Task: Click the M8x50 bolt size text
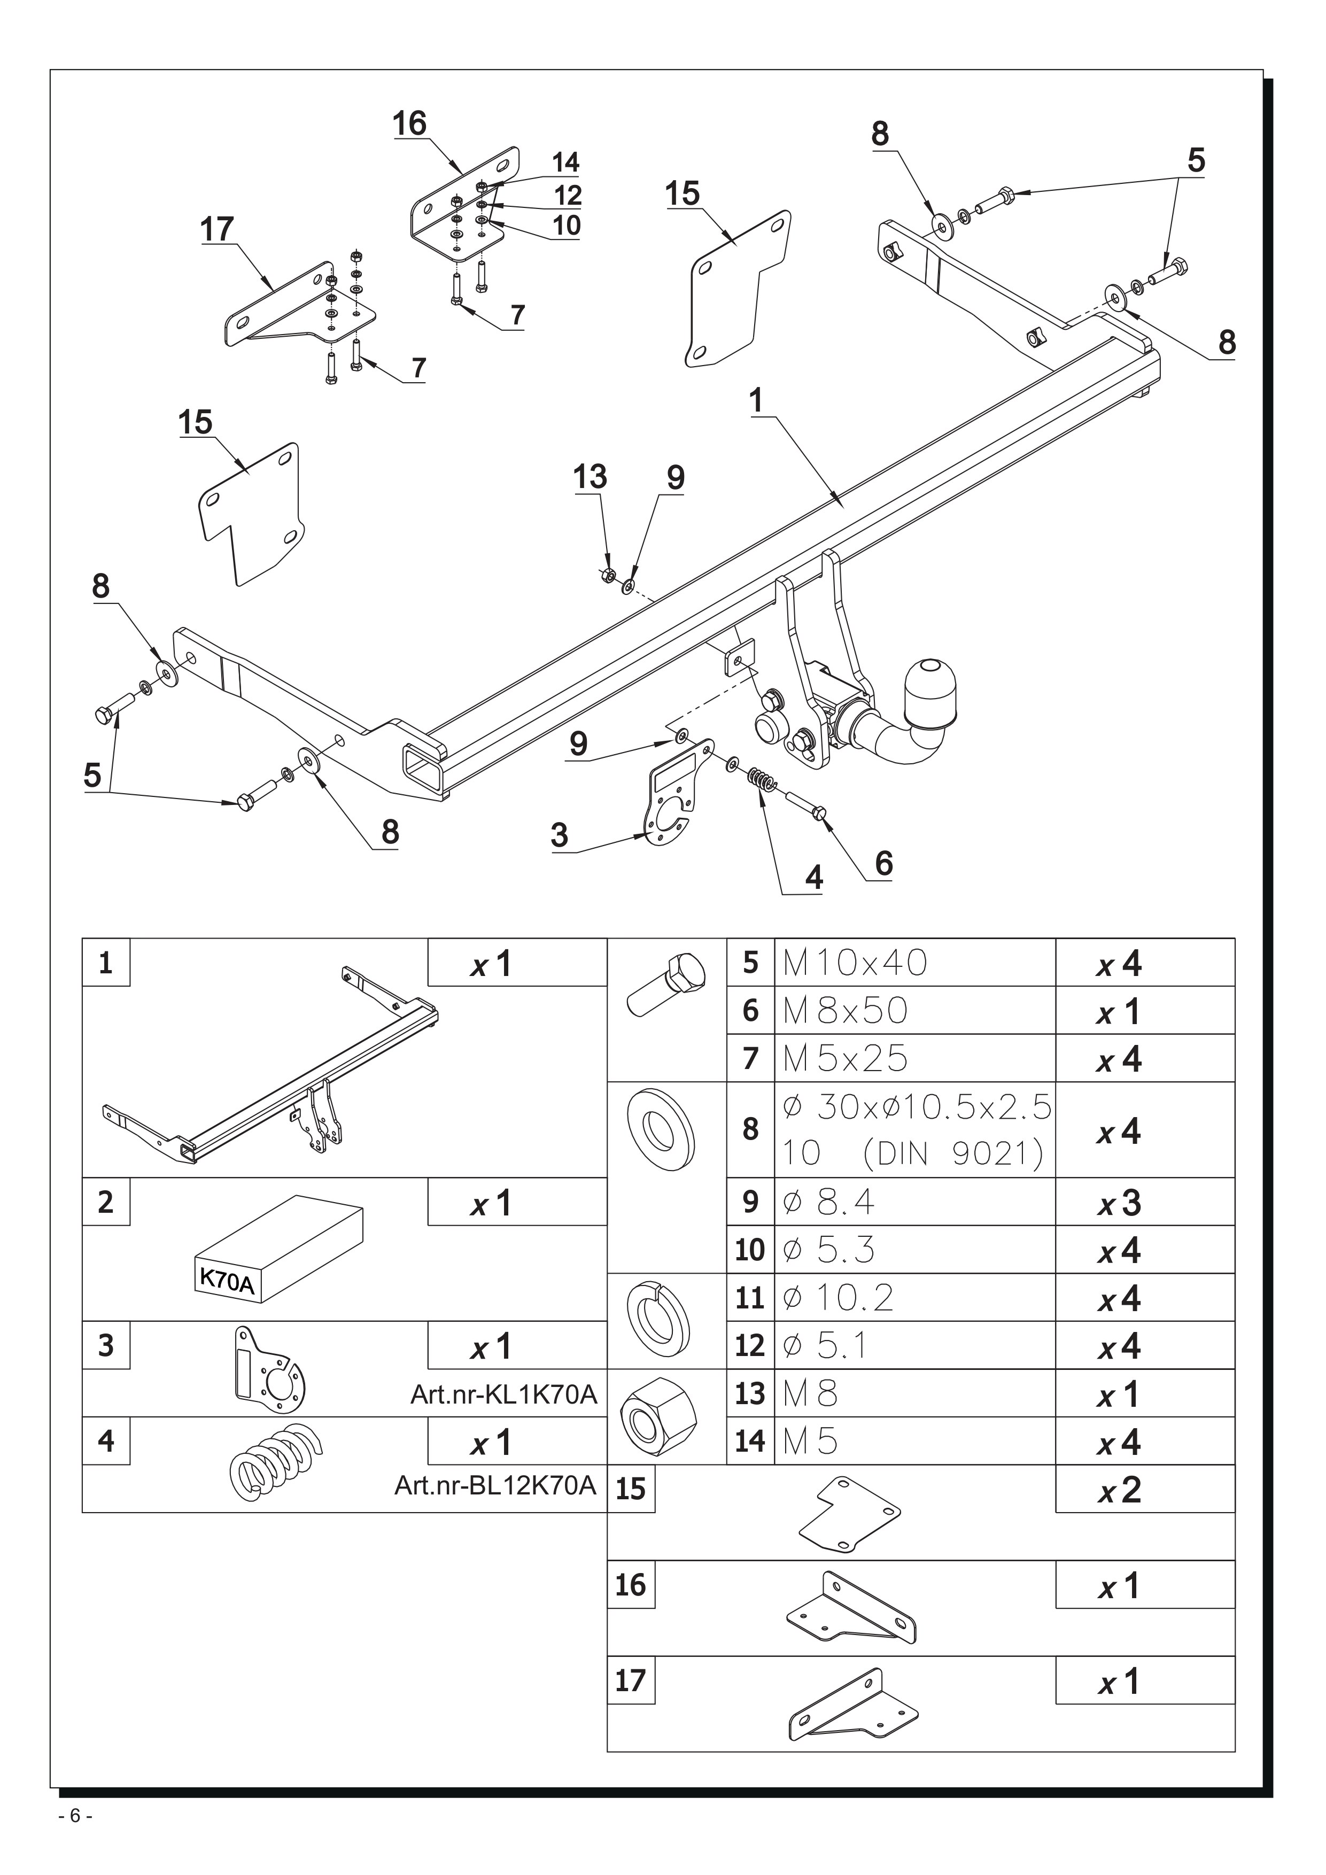[845, 1011]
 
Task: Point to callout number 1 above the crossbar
[756, 401]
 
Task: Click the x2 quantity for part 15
[1119, 1490]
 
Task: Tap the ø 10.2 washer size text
[838, 1298]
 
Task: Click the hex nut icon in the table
[658, 1417]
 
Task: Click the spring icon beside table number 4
[274, 1462]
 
